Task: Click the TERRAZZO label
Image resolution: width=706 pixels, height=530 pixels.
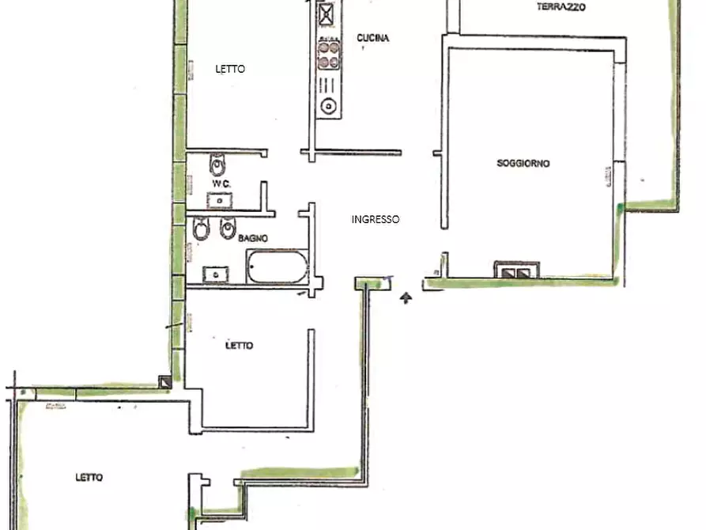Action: click(561, 7)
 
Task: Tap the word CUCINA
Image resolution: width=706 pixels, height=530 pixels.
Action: click(373, 38)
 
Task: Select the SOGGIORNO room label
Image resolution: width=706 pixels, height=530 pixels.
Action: click(523, 163)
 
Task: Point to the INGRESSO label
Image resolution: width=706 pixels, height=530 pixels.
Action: click(375, 219)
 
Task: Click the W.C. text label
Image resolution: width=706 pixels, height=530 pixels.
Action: click(221, 184)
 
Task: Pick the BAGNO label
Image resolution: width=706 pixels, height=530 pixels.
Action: click(252, 238)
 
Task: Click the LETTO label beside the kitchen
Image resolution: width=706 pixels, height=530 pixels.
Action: click(230, 69)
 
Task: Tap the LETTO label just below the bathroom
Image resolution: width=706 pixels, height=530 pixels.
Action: click(239, 346)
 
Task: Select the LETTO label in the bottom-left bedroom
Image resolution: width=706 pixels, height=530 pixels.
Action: click(89, 477)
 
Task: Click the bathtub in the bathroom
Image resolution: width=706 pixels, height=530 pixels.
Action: click(277, 267)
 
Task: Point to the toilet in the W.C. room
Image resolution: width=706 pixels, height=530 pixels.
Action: click(218, 165)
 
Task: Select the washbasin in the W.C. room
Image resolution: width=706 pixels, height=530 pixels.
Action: click(219, 201)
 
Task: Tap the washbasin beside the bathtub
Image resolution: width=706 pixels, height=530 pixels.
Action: click(215, 274)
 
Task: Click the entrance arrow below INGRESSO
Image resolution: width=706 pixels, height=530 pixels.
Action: click(406, 297)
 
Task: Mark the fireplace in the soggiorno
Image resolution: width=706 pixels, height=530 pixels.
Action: click(516, 270)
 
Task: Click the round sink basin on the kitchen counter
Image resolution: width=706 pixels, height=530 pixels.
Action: click(328, 106)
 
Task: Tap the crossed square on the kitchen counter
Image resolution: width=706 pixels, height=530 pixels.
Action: click(326, 14)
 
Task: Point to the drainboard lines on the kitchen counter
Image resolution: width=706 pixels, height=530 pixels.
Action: click(327, 85)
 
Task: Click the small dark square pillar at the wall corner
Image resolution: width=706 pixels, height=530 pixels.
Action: click(165, 382)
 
